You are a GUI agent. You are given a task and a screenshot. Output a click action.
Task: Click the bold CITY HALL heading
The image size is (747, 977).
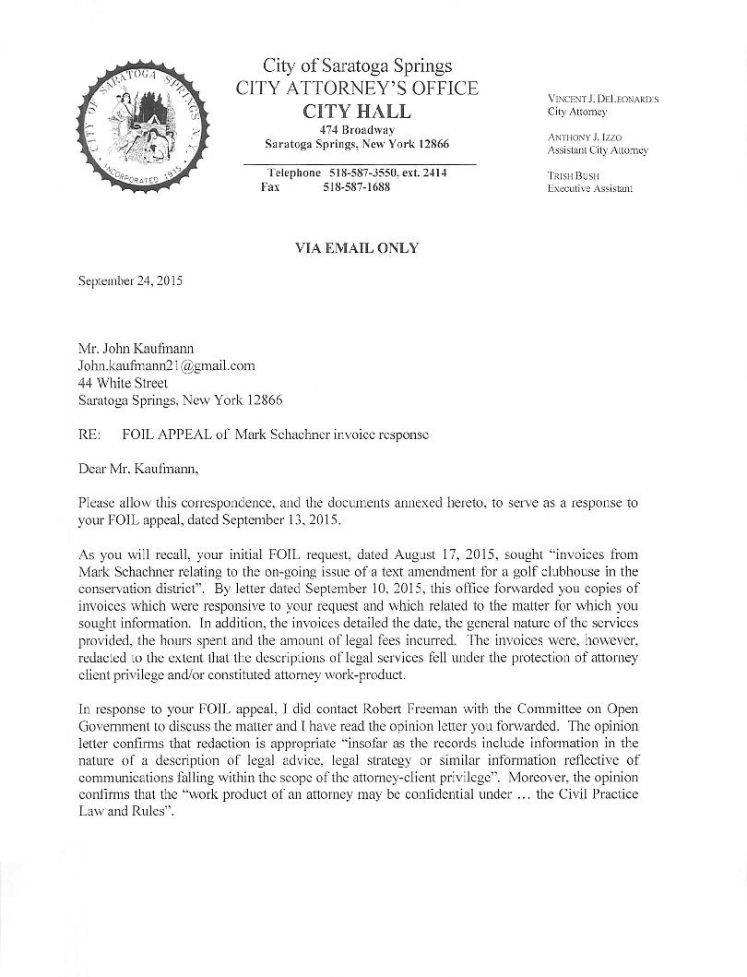pyautogui.click(x=357, y=112)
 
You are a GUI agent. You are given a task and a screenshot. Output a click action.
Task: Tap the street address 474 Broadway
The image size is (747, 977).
pyautogui.click(x=357, y=130)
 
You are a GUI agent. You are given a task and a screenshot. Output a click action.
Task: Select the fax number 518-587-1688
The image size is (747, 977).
pyautogui.click(x=356, y=187)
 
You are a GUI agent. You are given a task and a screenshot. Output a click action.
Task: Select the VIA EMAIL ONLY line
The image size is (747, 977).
pyautogui.click(x=356, y=248)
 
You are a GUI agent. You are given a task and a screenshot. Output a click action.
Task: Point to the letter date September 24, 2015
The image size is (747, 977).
pyautogui.click(x=130, y=280)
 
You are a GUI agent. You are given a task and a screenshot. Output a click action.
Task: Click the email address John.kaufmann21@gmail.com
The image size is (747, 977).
pyautogui.click(x=166, y=365)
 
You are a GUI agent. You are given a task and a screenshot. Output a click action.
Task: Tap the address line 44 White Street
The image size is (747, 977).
pyautogui.click(x=123, y=383)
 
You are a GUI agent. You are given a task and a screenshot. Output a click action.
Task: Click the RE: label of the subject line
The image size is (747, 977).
pyautogui.click(x=89, y=434)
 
